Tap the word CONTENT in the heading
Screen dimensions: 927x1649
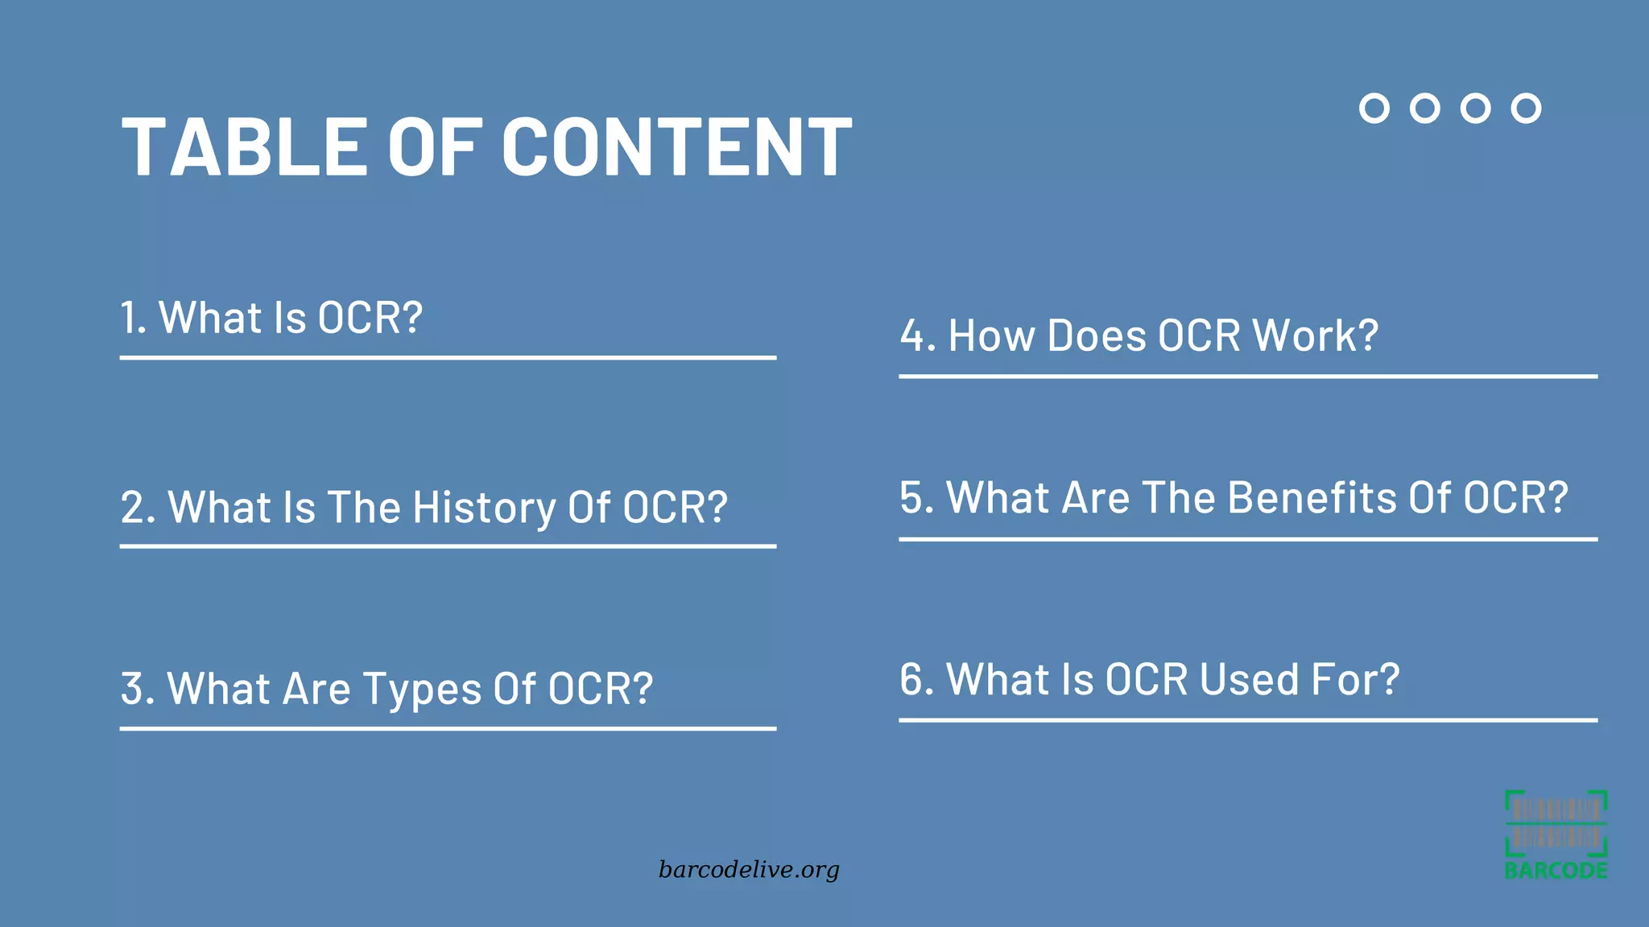click(676, 146)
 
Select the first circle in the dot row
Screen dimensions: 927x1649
click(1374, 108)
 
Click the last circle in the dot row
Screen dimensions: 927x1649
click(1526, 108)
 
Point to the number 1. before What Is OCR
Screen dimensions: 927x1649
click(133, 318)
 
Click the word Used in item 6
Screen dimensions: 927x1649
click(1249, 679)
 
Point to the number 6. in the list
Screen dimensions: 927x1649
click(916, 679)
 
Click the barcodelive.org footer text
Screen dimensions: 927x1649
click(749, 870)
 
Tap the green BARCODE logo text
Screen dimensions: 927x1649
click(1556, 871)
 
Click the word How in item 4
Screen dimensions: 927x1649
click(991, 336)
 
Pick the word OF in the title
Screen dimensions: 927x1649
click(435, 146)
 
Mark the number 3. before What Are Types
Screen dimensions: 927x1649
click(137, 690)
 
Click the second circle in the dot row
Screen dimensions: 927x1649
click(1424, 108)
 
